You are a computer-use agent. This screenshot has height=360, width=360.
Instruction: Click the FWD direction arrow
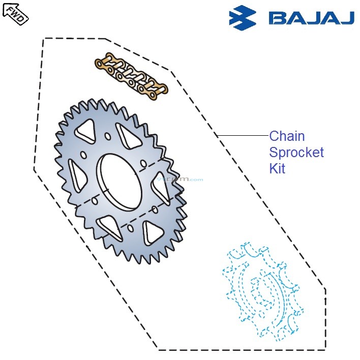tap(15, 13)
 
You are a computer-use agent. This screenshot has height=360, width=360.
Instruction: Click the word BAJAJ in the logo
tap(311, 18)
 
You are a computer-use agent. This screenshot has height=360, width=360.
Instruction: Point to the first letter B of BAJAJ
tap(278, 18)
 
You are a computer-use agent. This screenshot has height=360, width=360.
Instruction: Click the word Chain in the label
tap(287, 136)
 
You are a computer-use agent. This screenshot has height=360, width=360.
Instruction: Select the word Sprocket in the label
tap(296, 153)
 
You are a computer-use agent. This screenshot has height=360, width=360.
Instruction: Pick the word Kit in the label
tap(277, 169)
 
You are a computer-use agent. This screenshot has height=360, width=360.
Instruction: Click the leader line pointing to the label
tap(242, 136)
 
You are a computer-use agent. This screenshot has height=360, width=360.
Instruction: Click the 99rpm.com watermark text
tap(180, 179)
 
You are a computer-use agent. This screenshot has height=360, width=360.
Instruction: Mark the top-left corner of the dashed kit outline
tap(45, 39)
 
